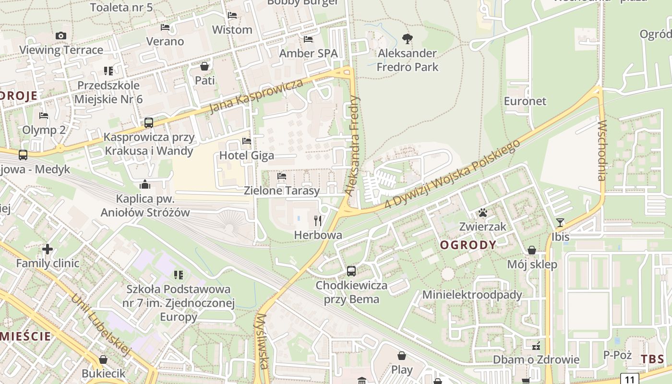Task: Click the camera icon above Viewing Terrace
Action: pos(61,36)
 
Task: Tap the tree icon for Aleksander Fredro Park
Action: pos(408,38)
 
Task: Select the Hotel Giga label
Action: pos(247,156)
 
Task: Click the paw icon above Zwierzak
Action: pos(483,212)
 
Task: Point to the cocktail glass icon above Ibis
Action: pos(560,222)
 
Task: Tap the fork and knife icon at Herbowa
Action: pos(317,220)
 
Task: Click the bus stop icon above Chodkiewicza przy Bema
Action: pos(351,271)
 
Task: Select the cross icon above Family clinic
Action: pos(48,249)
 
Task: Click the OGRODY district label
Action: pos(468,245)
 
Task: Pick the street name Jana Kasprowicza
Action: pos(257,96)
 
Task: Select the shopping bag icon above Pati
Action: pos(204,66)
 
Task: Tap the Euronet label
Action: pos(525,101)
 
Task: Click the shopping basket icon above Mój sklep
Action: pos(532,250)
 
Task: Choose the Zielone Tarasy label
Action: pos(282,191)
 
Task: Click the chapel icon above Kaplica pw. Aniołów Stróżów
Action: pos(145,185)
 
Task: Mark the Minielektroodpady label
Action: pos(472,295)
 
